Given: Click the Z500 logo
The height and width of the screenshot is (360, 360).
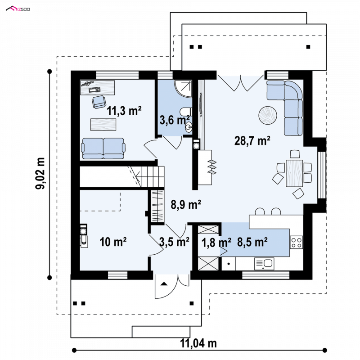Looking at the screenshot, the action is pyautogui.click(x=18, y=9).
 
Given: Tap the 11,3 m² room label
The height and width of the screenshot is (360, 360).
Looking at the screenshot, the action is pyautogui.click(x=124, y=111).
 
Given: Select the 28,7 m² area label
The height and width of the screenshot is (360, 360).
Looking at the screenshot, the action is pyautogui.click(x=252, y=140).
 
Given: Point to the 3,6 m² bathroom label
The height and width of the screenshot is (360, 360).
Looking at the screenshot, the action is pyautogui.click(x=175, y=120).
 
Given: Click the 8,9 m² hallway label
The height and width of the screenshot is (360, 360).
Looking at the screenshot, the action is pyautogui.click(x=186, y=204).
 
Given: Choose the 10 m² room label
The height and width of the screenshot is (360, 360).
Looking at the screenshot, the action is pyautogui.click(x=113, y=242).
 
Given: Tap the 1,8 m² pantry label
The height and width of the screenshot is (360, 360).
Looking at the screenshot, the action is pyautogui.click(x=216, y=243).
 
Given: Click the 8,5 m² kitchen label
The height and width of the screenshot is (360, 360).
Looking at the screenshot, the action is pyautogui.click(x=252, y=242).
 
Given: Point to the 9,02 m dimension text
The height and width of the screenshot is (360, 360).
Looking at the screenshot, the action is pyautogui.click(x=40, y=173).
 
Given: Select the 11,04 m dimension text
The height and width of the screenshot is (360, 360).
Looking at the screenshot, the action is pyautogui.click(x=198, y=344).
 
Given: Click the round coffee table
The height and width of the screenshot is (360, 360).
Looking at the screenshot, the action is pyautogui.click(x=268, y=115).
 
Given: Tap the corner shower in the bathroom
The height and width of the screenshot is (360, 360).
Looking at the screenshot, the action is pyautogui.click(x=183, y=89).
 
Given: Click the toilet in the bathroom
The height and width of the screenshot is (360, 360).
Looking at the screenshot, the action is pyautogui.click(x=186, y=112).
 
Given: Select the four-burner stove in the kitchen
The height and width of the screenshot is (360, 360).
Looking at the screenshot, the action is pyautogui.click(x=296, y=242).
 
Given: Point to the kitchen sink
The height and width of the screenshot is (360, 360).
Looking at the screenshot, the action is pyautogui.click(x=264, y=263).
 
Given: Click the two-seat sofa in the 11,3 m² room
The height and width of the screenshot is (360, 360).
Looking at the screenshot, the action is pyautogui.click(x=103, y=148).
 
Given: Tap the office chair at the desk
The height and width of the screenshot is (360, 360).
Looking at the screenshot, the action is pyautogui.click(x=99, y=102).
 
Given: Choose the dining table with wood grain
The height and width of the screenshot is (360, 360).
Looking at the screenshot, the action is pyautogui.click(x=294, y=173).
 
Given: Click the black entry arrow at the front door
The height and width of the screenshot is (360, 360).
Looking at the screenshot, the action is pyautogui.click(x=164, y=284).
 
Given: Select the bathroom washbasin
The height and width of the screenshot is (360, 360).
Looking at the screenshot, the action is pyautogui.click(x=189, y=127).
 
